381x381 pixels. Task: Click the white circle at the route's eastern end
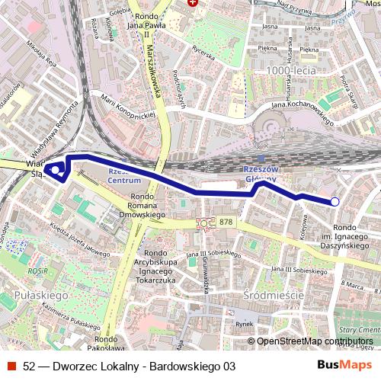(335, 201)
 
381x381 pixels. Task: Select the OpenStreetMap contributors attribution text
(315, 341)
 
